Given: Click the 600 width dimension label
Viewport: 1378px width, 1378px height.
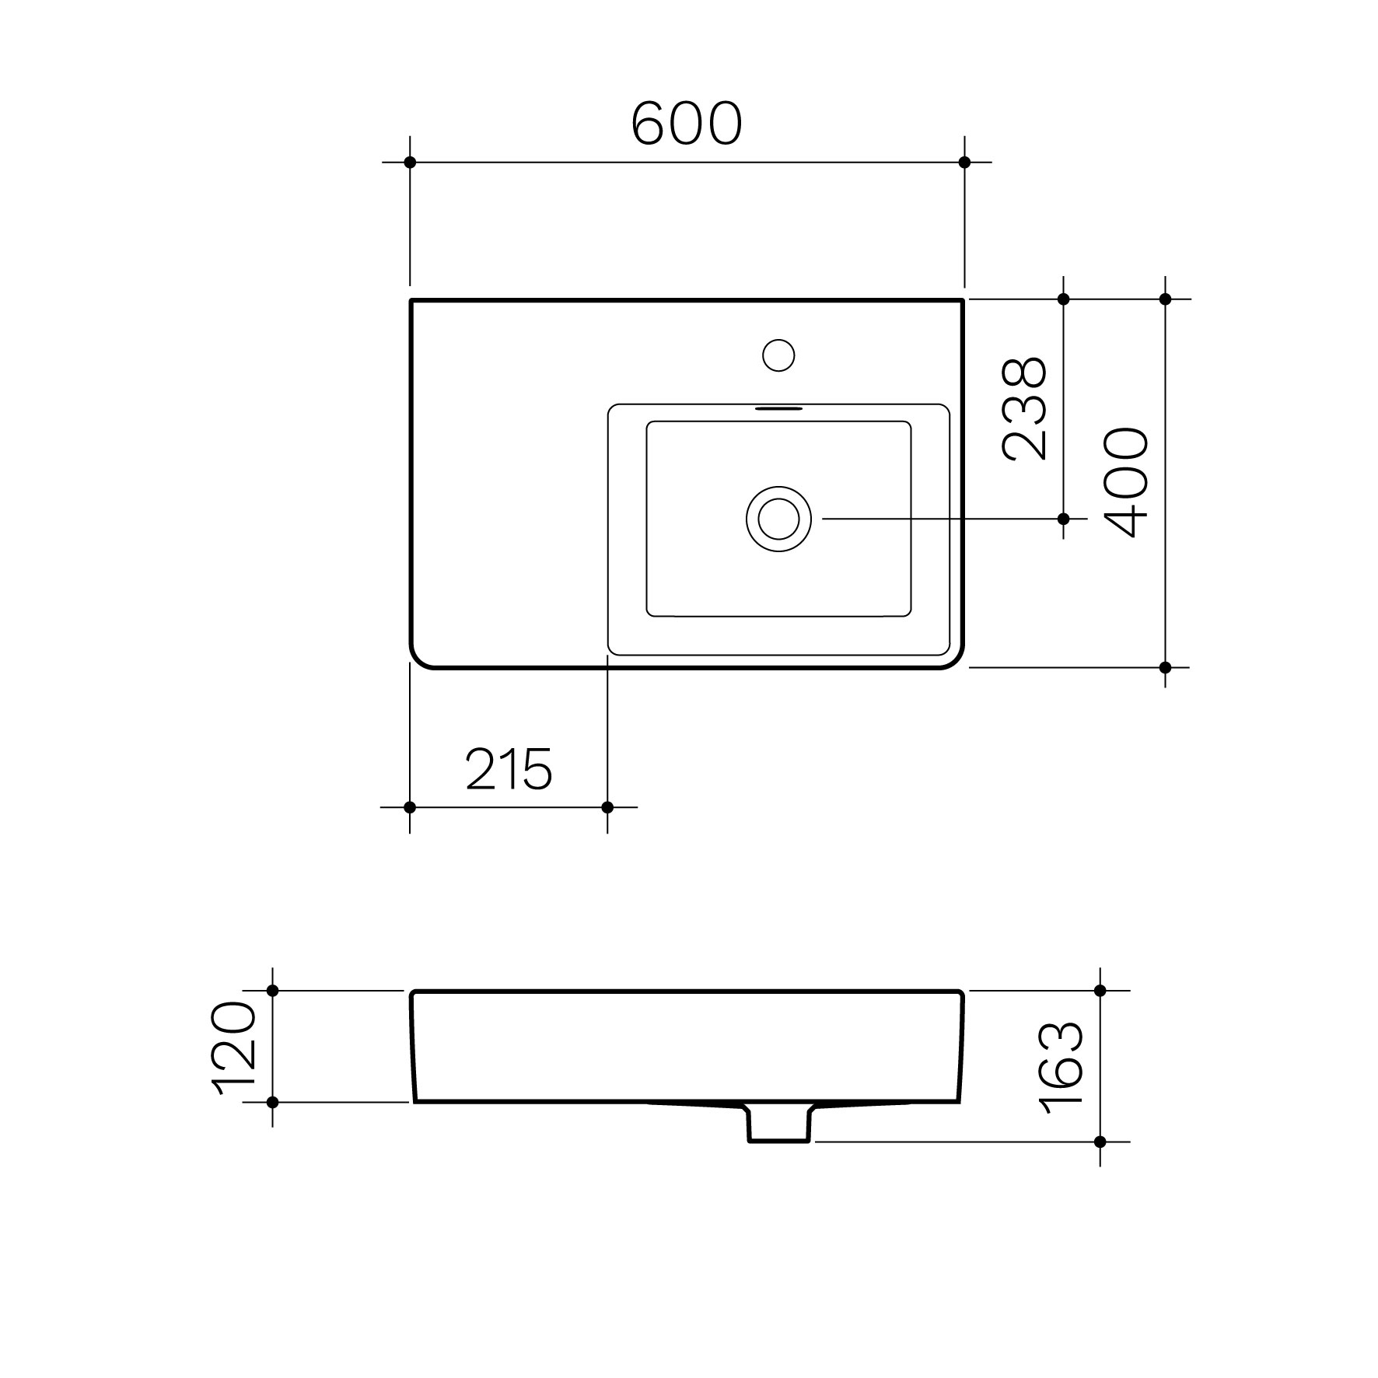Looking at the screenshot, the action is coord(687,124).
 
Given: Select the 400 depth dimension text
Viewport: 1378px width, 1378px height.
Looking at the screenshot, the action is coord(1126,482).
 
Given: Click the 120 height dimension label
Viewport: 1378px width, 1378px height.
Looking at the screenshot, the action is coord(235,1049).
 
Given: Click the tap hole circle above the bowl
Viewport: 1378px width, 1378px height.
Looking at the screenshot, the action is coord(778,355).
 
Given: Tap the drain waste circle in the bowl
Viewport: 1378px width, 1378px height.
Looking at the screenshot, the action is coord(778,519).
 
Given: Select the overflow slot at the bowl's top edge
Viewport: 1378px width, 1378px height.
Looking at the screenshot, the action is coord(778,407).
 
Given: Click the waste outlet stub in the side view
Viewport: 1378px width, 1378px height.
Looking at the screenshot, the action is coord(779,1123).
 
